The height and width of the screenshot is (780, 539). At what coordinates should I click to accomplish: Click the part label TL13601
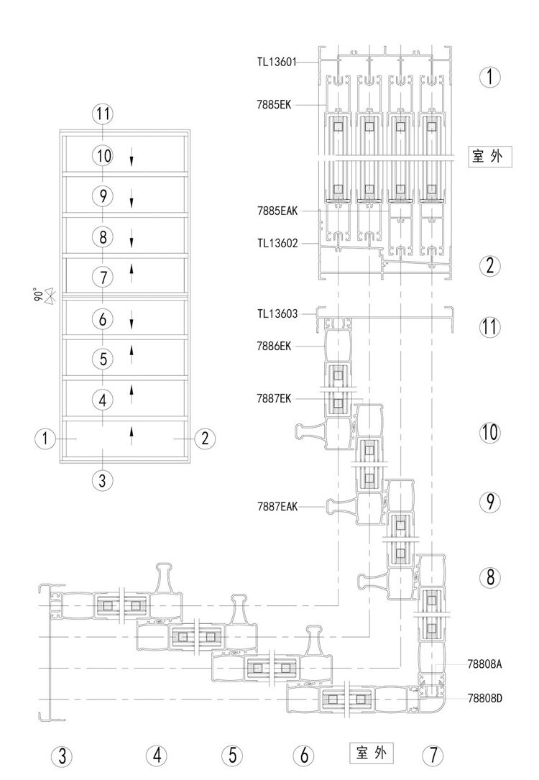tap(277, 62)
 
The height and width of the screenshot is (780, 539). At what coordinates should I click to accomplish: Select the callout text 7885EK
tap(274, 105)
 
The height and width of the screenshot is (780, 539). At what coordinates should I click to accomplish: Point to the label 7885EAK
tap(277, 211)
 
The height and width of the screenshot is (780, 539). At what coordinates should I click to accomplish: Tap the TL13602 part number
tap(277, 243)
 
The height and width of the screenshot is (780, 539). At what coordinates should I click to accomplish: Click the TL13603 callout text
tap(277, 314)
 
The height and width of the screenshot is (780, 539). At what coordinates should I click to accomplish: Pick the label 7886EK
tap(274, 347)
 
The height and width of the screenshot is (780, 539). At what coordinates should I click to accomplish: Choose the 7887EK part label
tap(274, 398)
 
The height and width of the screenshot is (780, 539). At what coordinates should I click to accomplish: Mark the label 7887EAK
tap(277, 506)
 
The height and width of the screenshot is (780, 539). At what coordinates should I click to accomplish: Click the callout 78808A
tap(485, 664)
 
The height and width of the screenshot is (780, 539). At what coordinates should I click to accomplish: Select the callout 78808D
tap(485, 699)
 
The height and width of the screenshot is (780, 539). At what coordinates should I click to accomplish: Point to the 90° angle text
tap(36, 294)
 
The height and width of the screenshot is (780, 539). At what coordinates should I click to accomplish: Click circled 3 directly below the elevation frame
tap(103, 480)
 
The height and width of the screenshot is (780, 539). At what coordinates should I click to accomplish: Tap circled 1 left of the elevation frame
tap(45, 439)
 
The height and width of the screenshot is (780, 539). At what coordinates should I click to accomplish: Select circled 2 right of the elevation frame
tap(205, 439)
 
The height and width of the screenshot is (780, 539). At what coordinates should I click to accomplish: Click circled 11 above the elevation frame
tap(103, 114)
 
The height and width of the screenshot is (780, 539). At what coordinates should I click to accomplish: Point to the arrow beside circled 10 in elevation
tap(132, 160)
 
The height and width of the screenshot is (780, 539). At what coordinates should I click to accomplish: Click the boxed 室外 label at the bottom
tap(372, 753)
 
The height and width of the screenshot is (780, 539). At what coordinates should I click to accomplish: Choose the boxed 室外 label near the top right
tap(490, 157)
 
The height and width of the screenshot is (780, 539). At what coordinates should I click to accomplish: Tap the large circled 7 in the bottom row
tap(433, 756)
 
